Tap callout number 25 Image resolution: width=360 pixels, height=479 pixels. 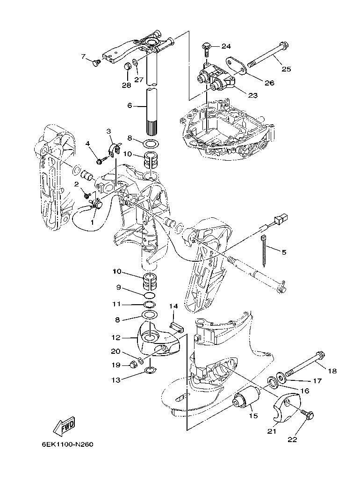[286, 69]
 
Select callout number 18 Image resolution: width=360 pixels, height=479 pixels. [332, 371]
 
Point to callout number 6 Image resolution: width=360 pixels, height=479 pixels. [130, 106]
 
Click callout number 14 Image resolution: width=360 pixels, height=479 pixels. [173, 306]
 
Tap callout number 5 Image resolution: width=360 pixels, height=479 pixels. [284, 252]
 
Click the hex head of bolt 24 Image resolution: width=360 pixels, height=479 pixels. [206, 46]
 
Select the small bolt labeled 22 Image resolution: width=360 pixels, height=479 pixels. [308, 414]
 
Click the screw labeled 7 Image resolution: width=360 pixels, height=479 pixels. [97, 62]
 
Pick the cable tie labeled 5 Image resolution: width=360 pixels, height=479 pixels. [265, 250]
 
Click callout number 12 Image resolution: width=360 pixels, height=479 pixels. [115, 337]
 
